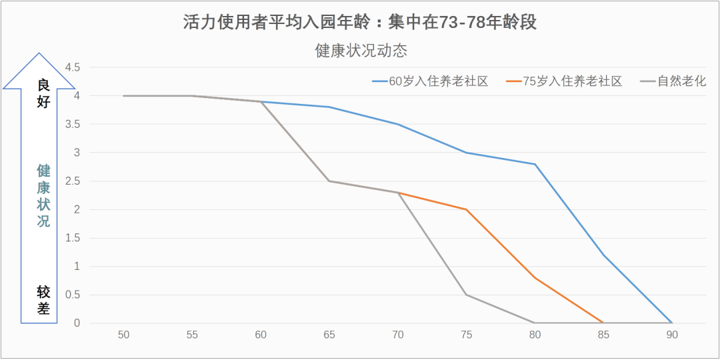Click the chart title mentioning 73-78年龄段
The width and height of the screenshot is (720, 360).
360,23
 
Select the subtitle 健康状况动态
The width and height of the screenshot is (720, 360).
361,51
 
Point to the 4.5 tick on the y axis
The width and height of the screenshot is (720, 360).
72,67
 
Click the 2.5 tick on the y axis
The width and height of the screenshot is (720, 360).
72,181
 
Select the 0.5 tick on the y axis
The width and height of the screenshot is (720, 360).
72,295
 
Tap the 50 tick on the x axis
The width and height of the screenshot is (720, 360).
123,335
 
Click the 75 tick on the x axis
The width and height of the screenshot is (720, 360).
466,335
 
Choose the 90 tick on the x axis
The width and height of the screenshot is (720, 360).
671,335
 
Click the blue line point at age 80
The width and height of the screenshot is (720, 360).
535,164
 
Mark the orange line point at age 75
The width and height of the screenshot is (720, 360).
466,209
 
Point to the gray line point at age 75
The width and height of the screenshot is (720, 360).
466,295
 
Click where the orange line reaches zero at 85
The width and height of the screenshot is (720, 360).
603,323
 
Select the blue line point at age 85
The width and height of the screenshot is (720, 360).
603,255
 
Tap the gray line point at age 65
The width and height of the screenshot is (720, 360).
329,181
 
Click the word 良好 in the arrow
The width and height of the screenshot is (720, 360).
44,93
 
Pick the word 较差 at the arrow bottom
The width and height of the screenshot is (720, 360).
44,299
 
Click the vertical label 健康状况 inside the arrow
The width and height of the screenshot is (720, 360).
43,196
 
